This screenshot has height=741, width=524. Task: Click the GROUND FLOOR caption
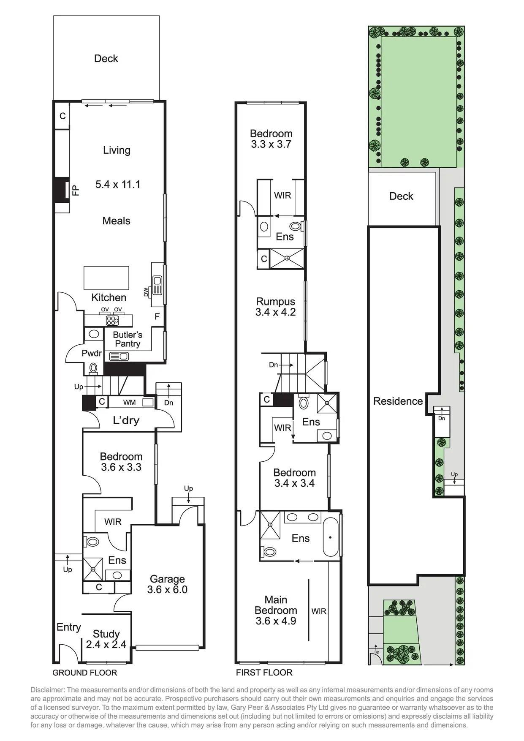click(x=84, y=673)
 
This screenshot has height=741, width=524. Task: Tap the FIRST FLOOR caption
click(x=264, y=673)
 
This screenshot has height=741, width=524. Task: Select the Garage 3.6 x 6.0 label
click(x=167, y=584)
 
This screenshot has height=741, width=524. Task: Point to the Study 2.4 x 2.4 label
click(x=106, y=639)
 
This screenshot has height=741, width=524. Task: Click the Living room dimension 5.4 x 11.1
click(x=118, y=184)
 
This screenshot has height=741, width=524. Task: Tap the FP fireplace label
click(x=76, y=190)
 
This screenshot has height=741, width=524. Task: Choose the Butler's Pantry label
click(x=128, y=339)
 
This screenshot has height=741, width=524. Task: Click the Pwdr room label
click(x=92, y=353)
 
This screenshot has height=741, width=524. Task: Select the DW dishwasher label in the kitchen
click(x=146, y=291)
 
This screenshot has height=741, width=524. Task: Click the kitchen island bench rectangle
click(x=106, y=278)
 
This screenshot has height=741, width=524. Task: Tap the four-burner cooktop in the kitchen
click(x=112, y=321)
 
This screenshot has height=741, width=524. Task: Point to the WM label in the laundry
click(x=129, y=403)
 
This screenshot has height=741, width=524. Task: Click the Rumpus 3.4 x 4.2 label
click(x=275, y=307)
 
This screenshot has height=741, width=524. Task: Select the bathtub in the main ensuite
click(x=331, y=537)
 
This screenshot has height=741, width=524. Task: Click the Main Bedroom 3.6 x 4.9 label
click(x=276, y=610)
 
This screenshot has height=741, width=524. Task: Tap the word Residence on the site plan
click(x=398, y=401)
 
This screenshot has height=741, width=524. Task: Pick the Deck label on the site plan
click(x=401, y=196)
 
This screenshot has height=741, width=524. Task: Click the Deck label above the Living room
click(x=106, y=58)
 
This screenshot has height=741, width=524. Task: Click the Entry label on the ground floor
click(x=68, y=627)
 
